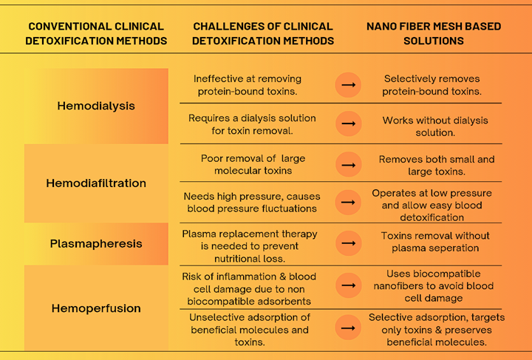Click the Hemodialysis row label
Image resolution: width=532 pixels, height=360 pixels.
pyautogui.click(x=96, y=106)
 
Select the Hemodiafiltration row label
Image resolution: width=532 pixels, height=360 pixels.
pyautogui.click(x=96, y=183)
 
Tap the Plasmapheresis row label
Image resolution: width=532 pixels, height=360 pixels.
pyautogui.click(x=96, y=244)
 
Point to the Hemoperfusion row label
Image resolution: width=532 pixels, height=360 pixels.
pyautogui.click(x=96, y=308)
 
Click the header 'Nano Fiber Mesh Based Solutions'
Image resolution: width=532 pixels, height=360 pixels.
pyautogui.click(x=434, y=33)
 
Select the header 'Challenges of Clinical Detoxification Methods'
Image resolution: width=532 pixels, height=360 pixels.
pyautogui.click(x=263, y=33)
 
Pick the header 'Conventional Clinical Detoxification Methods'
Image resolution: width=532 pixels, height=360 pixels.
pyautogui.click(x=96, y=33)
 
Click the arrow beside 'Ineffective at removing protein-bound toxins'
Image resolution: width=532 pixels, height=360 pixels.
pyautogui.click(x=348, y=85)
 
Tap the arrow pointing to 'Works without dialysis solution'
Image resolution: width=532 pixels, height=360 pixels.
pyautogui.click(x=348, y=123)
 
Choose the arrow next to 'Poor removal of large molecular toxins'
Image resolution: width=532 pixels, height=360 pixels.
pyautogui.click(x=348, y=165)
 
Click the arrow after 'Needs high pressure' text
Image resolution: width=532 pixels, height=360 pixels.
pyautogui.click(x=348, y=203)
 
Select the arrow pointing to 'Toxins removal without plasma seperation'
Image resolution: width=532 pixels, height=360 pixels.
pyautogui.click(x=348, y=243)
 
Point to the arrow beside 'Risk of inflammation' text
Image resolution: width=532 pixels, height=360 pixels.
pyautogui.click(x=348, y=285)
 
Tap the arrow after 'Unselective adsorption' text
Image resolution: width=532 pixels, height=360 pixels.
pyautogui.click(x=348, y=327)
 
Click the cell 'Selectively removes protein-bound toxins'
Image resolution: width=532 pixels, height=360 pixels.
pyautogui.click(x=432, y=85)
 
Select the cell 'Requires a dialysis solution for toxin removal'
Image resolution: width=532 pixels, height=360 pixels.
pyautogui.click(x=252, y=124)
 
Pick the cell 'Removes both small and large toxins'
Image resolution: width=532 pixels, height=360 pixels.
pyautogui.click(x=437, y=166)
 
